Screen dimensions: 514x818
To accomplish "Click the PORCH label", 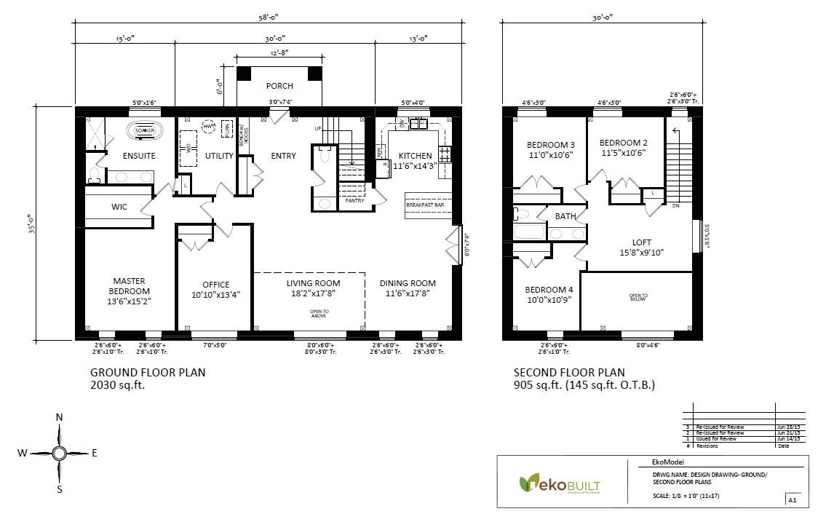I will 279,86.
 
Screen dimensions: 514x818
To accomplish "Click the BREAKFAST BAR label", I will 424,206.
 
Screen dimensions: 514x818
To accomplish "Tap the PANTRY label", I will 354,199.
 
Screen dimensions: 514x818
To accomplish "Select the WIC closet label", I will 119,207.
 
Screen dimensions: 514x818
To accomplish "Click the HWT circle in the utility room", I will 210,127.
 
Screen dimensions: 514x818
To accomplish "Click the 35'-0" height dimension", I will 30,221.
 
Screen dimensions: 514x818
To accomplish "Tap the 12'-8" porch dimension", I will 279,52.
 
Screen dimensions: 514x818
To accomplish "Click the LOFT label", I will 641,242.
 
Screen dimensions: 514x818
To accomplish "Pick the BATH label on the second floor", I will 565,216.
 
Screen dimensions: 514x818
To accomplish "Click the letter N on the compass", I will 60,417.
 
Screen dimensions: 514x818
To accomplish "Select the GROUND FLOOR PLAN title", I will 148,372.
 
